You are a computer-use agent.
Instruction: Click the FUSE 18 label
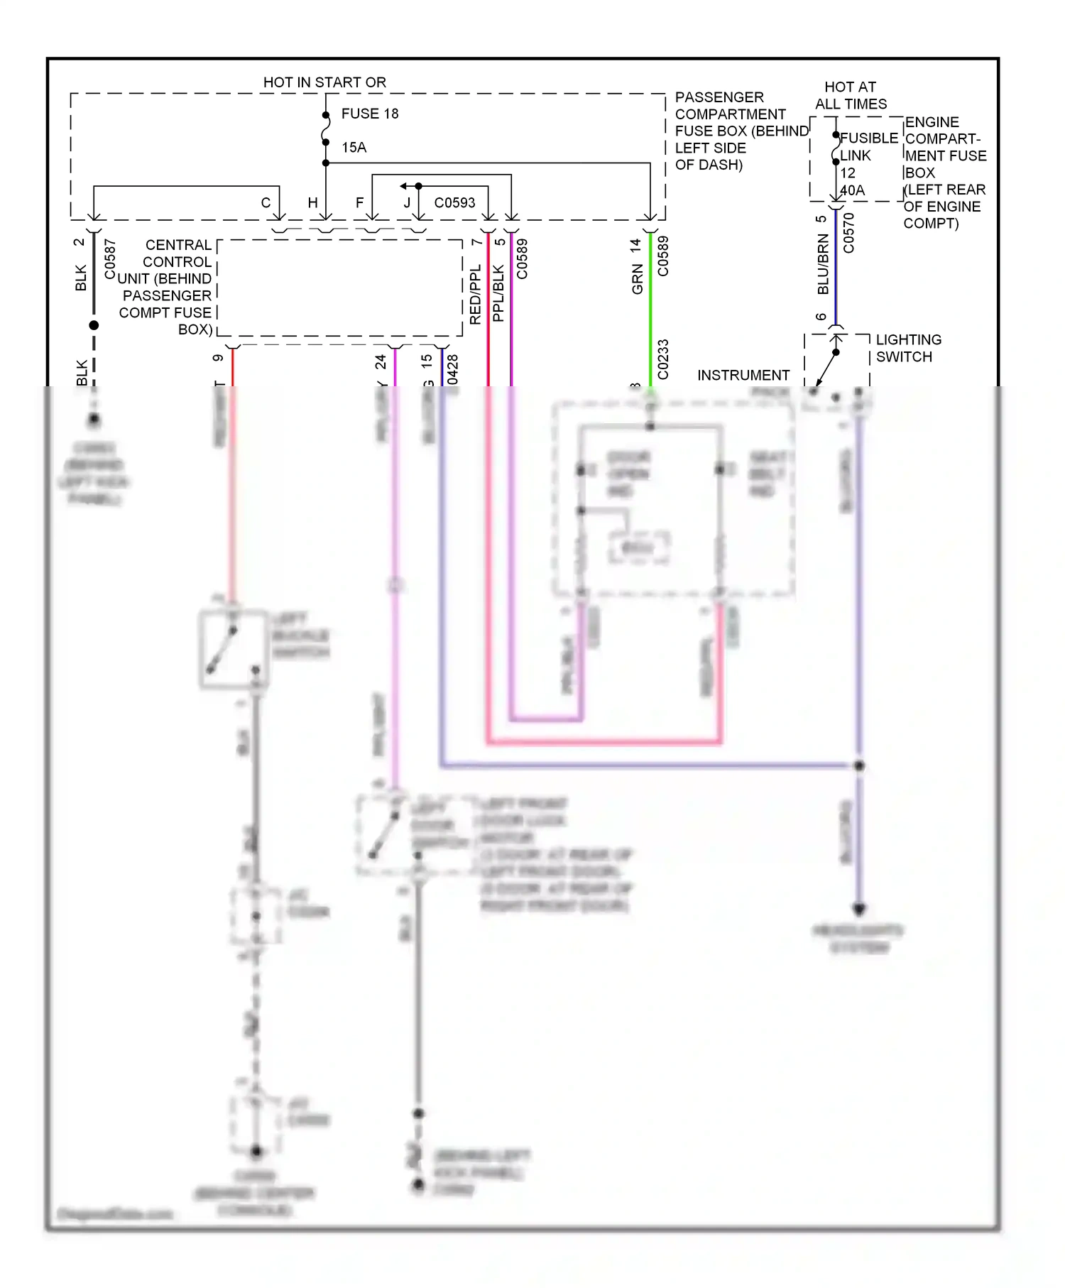pyautogui.click(x=369, y=114)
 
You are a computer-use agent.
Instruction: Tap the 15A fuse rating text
pyautogui.click(x=354, y=148)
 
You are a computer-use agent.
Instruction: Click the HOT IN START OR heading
pyautogui.click(x=324, y=82)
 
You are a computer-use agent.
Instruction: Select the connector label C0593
pyautogui.click(x=454, y=202)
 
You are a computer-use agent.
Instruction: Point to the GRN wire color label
pyautogui.click(x=638, y=279)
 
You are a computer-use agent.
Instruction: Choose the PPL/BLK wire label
pyautogui.click(x=498, y=293)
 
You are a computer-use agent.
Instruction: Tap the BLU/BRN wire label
pyautogui.click(x=823, y=264)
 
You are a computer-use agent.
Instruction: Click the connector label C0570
pyautogui.click(x=848, y=234)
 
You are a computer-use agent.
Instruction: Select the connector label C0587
pyautogui.click(x=110, y=259)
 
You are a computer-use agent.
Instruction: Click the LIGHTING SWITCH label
pyautogui.click(x=908, y=348)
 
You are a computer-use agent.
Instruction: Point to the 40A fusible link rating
pyautogui.click(x=852, y=190)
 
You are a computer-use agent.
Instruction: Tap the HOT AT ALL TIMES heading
pyautogui.click(x=851, y=95)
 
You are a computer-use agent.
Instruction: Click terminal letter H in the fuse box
pyautogui.click(x=312, y=202)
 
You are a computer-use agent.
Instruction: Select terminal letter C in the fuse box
pyautogui.click(x=266, y=202)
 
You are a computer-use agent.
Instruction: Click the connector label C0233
pyautogui.click(x=663, y=359)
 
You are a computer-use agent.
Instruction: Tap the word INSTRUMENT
pyautogui.click(x=743, y=375)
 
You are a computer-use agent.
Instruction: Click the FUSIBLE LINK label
pyautogui.click(x=868, y=146)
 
